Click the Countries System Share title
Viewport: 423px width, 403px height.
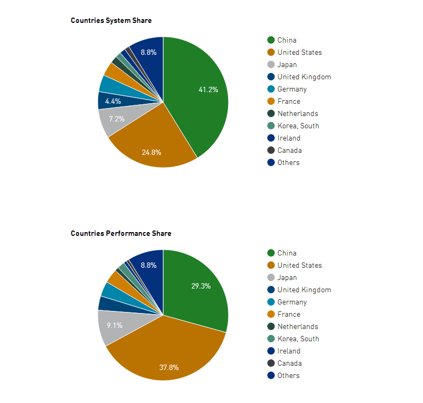(x=111, y=21)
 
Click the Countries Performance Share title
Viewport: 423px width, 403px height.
(x=121, y=234)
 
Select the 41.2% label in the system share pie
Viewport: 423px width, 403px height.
(x=208, y=90)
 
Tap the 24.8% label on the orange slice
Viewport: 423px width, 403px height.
(x=151, y=152)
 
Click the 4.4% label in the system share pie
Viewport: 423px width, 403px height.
(x=113, y=101)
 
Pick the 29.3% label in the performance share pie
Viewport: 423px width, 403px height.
(x=201, y=286)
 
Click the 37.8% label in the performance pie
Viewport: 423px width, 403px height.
(x=169, y=367)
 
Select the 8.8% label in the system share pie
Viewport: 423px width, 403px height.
(x=148, y=52)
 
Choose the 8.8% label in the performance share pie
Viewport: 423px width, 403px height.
(x=148, y=265)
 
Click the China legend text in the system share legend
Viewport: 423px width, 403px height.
(x=287, y=40)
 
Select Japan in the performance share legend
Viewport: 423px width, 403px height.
(x=287, y=278)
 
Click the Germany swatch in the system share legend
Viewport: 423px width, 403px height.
(x=271, y=89)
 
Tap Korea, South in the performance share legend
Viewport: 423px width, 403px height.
(x=298, y=339)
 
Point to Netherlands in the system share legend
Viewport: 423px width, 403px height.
(x=298, y=114)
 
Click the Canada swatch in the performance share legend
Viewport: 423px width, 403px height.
(x=271, y=364)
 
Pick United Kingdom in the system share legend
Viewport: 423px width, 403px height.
(x=304, y=77)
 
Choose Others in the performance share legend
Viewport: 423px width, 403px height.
(x=289, y=376)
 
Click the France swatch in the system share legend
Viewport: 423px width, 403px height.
(x=271, y=102)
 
